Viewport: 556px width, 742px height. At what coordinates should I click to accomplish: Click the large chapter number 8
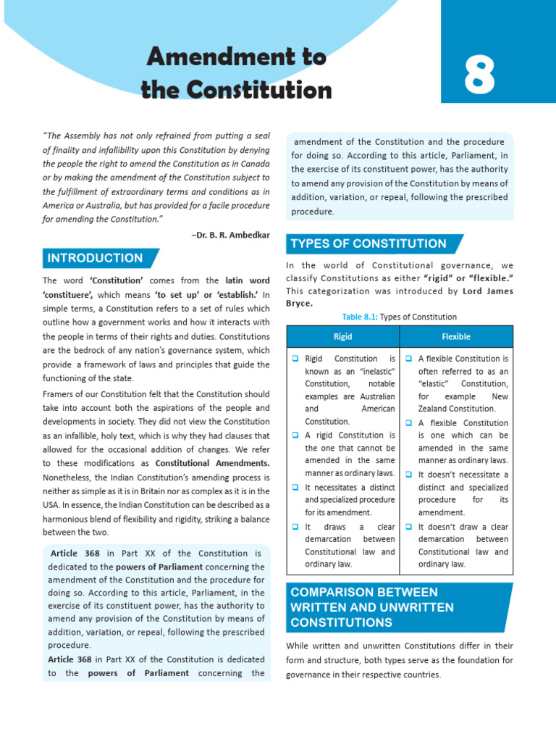480,75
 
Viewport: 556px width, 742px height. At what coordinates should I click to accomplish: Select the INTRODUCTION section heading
95,258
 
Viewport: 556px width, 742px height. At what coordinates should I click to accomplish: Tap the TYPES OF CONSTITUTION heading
368,243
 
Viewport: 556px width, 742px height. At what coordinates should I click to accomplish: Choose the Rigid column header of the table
342,336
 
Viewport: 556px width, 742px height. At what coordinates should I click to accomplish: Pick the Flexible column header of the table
456,336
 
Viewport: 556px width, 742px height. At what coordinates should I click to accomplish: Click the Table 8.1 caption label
359,317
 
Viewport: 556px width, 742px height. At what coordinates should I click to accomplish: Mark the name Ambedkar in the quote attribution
245,235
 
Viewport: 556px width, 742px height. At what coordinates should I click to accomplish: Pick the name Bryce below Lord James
299,303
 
